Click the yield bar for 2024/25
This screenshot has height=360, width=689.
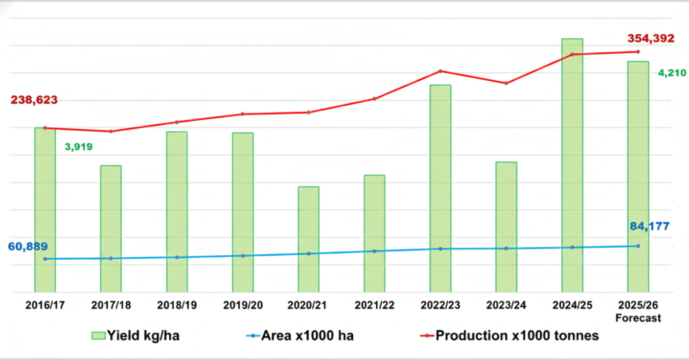click(572, 166)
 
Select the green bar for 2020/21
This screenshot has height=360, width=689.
click(308, 240)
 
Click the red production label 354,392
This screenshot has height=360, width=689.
click(651, 38)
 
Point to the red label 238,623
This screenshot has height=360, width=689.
click(34, 100)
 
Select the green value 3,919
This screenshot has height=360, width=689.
click(78, 147)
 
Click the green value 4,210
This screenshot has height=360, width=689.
click(672, 73)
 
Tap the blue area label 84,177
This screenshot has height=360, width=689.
click(649, 226)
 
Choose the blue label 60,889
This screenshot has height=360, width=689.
click(28, 247)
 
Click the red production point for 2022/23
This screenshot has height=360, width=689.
click(440, 71)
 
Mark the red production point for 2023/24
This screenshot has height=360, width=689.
click(506, 83)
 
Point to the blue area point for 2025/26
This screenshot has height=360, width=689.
click(638, 246)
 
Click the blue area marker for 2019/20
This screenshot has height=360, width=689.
click(243, 256)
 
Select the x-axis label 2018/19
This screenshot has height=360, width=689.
click(177, 305)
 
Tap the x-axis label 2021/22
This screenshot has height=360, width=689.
click(374, 305)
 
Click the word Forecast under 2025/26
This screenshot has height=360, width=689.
click(638, 318)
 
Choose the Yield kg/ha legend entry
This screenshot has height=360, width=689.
click(136, 336)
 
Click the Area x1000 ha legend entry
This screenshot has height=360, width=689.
click(299, 336)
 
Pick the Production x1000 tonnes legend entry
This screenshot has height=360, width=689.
click(509, 336)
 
